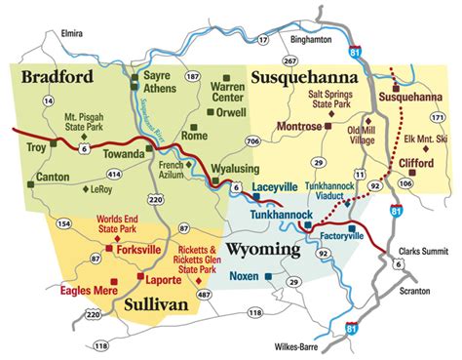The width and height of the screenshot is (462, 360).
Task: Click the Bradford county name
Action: (x=58, y=76)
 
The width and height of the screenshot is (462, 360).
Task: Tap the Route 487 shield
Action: (x=203, y=293)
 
